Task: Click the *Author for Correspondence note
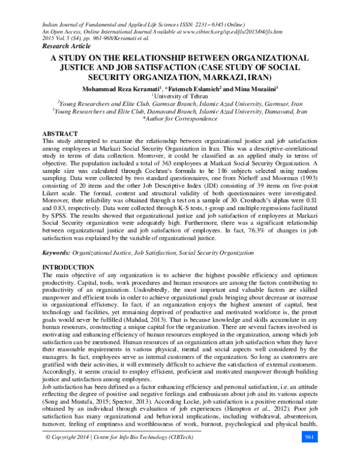pos(179,119)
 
